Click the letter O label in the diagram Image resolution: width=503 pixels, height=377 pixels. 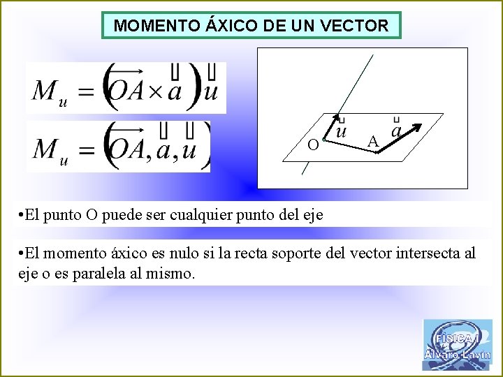point(314,145)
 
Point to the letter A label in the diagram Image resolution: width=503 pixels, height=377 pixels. point(373,142)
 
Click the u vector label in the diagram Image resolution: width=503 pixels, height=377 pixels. point(341,131)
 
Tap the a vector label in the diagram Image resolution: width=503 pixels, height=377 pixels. point(397,131)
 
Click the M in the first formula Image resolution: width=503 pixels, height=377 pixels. point(46,89)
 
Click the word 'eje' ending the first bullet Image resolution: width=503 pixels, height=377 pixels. point(312,214)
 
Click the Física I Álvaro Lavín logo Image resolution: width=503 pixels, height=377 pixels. point(457,344)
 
